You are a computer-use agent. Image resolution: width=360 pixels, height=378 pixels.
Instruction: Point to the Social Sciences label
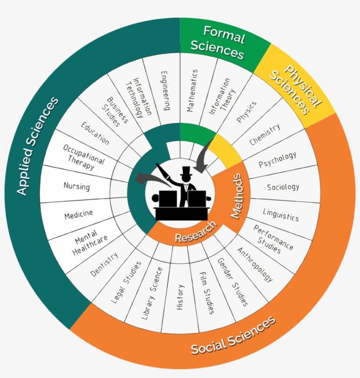[233, 335]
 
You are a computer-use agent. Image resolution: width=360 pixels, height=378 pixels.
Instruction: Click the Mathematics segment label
[192, 91]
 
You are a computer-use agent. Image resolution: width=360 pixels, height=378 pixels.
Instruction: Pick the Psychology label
[277, 160]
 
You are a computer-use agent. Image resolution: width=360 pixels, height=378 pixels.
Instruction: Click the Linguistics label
[281, 214]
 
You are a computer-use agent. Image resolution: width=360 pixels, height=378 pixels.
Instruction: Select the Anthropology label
[255, 264]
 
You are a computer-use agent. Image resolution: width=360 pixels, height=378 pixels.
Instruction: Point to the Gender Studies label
[233, 282]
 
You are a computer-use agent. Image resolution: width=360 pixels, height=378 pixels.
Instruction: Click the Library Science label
[151, 292]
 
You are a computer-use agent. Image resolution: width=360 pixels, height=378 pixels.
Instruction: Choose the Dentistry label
[104, 264]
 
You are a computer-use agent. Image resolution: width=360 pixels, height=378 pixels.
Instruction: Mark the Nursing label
[76, 186]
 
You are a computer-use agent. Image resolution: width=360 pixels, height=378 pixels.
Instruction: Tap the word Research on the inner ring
[196, 232]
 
